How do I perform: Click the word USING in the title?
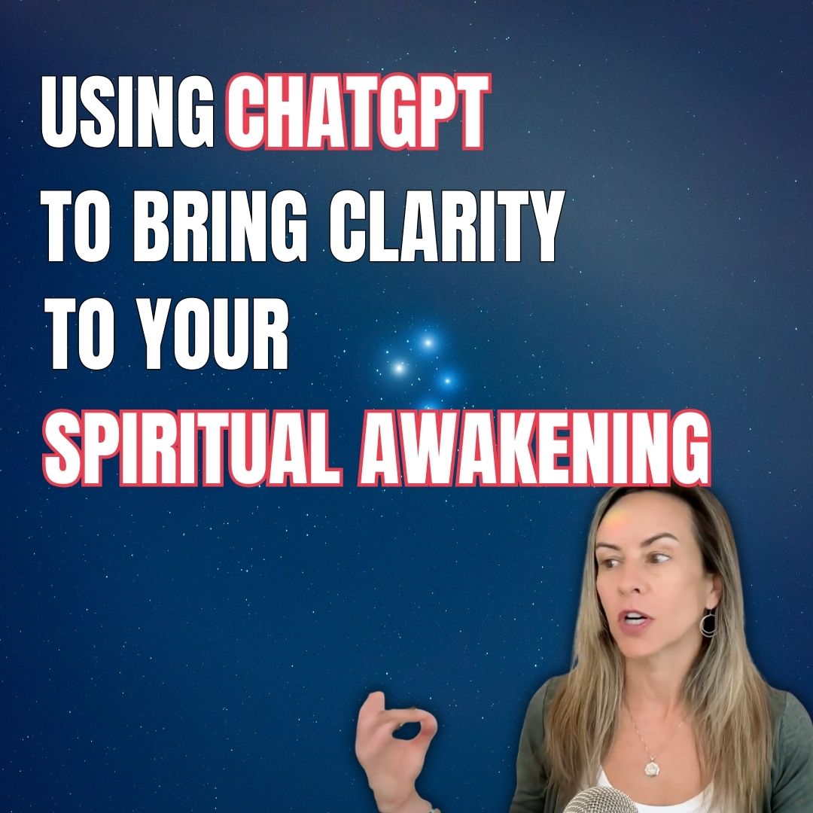tap(127, 111)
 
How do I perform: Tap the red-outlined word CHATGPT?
tap(358, 111)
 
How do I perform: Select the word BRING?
tap(220, 226)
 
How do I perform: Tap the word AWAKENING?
tap(534, 448)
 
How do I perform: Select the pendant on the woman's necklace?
tap(652, 767)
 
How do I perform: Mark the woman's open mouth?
tap(635, 619)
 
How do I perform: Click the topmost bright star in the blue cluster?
tap(428, 343)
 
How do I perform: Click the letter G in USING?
tap(194, 111)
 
